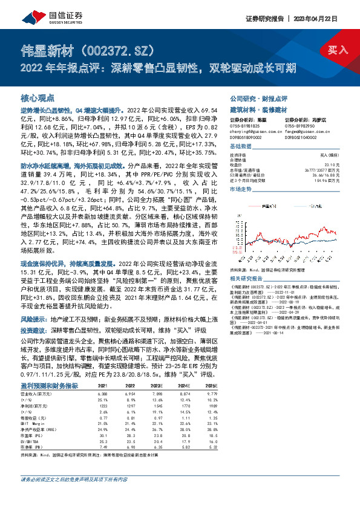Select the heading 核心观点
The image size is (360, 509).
coord(38,97)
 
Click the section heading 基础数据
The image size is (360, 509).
coord(242,147)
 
